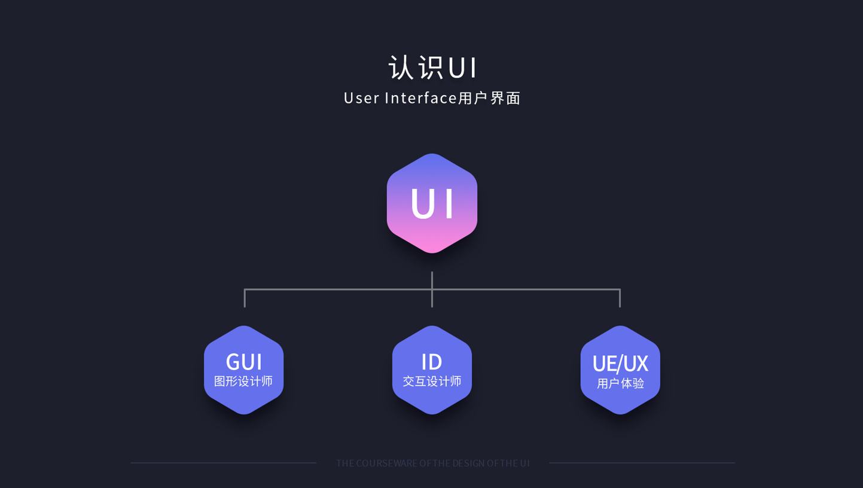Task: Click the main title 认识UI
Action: [x=432, y=68]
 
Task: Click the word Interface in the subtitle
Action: [x=420, y=98]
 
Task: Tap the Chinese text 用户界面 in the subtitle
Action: [x=489, y=98]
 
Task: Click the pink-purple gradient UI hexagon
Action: [x=432, y=203]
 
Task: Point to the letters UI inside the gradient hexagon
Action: [x=432, y=203]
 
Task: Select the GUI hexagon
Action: [x=244, y=370]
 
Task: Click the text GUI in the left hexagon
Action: [x=244, y=362]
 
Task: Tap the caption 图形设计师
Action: [x=243, y=381]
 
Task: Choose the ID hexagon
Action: [x=432, y=370]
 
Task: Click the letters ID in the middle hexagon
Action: [x=432, y=362]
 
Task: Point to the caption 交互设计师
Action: [x=432, y=381]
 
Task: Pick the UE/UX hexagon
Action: [x=620, y=370]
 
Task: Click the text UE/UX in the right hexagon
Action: [x=620, y=363]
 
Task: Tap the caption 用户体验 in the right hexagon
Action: [x=620, y=383]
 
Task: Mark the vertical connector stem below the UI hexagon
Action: [x=432, y=289]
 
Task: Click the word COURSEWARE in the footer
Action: [x=386, y=463]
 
